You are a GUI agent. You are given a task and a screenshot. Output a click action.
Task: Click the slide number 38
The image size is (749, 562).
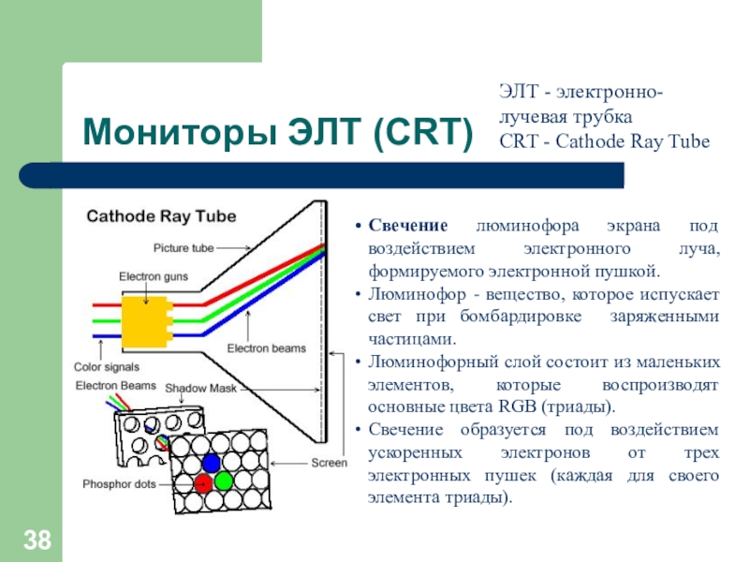37,540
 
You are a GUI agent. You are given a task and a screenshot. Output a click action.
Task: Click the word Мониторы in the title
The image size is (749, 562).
180,132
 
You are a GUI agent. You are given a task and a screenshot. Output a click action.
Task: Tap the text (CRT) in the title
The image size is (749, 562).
423,133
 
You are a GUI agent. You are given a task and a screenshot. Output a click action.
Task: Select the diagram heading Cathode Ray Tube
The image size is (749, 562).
161,216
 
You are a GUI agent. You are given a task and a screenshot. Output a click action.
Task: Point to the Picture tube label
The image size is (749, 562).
184,248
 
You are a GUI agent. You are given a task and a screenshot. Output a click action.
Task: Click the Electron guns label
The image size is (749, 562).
154,276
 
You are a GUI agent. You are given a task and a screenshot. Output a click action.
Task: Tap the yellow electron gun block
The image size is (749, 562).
147,321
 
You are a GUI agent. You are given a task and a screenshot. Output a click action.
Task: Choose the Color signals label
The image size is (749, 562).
107,367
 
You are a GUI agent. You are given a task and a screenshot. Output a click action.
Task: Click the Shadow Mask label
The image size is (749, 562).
200,389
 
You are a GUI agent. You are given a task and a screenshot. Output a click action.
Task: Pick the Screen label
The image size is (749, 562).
330,463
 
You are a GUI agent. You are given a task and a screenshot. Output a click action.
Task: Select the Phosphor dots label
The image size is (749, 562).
120,484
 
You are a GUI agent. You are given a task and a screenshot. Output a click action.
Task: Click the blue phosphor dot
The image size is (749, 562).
212,463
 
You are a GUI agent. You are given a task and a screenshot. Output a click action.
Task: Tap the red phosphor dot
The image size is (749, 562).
203,483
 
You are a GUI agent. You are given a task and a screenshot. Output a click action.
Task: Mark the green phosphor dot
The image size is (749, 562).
224,481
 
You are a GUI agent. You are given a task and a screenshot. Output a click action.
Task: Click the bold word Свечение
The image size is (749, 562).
408,226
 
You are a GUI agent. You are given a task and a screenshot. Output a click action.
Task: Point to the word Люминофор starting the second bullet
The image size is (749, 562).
417,295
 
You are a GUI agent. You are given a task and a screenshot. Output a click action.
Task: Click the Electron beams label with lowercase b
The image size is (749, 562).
267,348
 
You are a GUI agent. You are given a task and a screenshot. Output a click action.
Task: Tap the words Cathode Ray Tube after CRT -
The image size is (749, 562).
633,141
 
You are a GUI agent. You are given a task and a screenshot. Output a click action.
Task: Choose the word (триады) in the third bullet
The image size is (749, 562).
577,407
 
